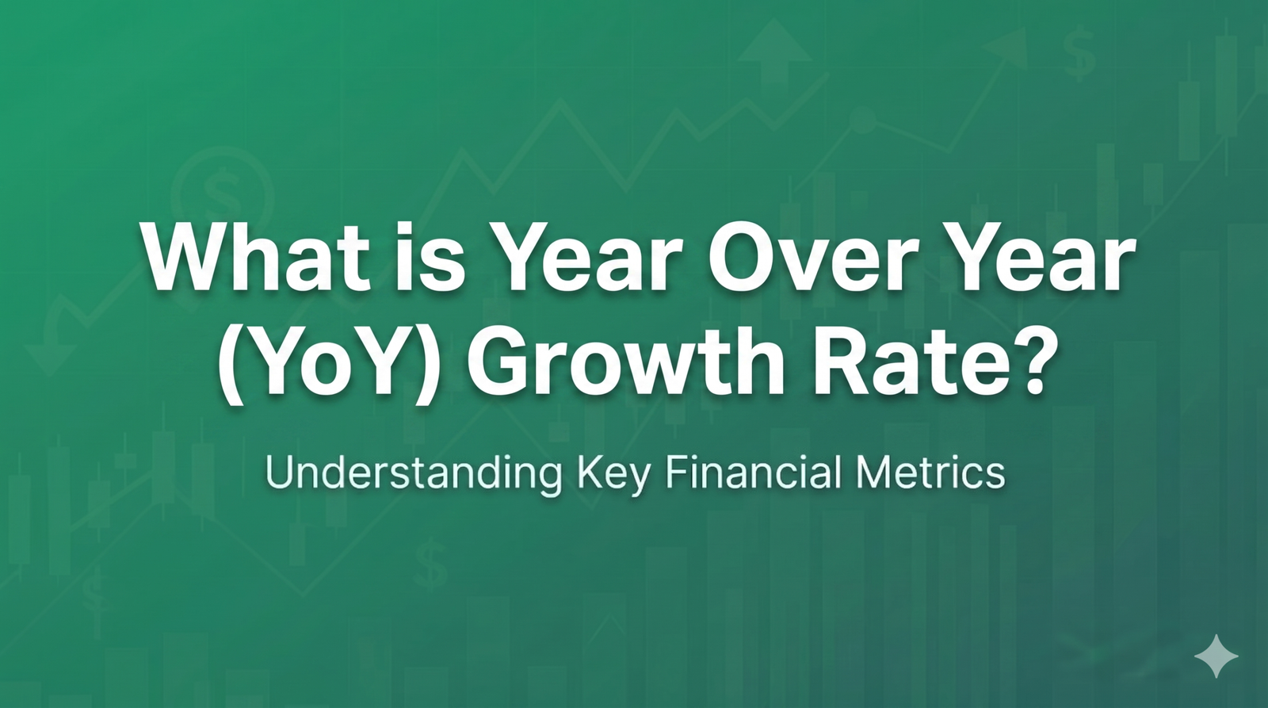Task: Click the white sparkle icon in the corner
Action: tap(1216, 656)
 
